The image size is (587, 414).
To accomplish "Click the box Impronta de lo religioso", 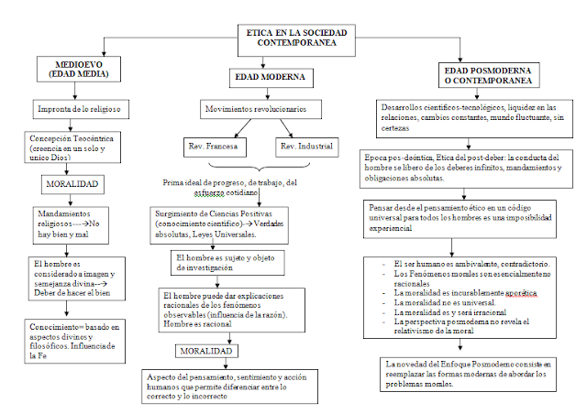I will [x=80, y=109].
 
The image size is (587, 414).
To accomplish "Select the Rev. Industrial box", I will [x=305, y=147].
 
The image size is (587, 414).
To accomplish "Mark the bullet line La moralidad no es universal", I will [x=440, y=303].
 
